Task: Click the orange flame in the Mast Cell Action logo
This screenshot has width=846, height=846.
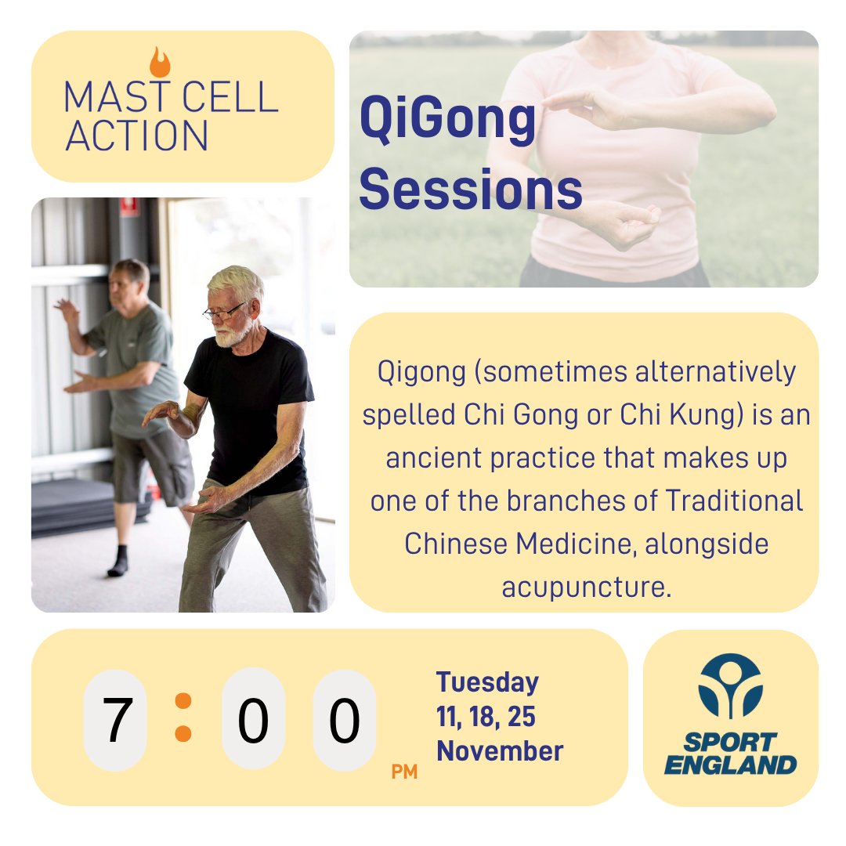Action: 160,63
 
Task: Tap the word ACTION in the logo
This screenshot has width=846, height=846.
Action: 136,135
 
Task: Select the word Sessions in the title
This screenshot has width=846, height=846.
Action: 470,190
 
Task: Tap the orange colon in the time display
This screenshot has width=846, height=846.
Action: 183,717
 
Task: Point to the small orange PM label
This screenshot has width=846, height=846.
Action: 404,772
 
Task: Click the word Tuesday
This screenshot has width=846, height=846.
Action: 487,682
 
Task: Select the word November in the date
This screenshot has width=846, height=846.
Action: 500,751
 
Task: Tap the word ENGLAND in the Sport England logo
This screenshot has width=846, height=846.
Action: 730,764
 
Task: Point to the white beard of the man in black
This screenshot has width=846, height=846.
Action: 230,335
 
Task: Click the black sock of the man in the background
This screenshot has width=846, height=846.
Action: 118,561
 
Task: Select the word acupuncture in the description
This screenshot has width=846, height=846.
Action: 587,585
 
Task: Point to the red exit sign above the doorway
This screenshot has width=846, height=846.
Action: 130,206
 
